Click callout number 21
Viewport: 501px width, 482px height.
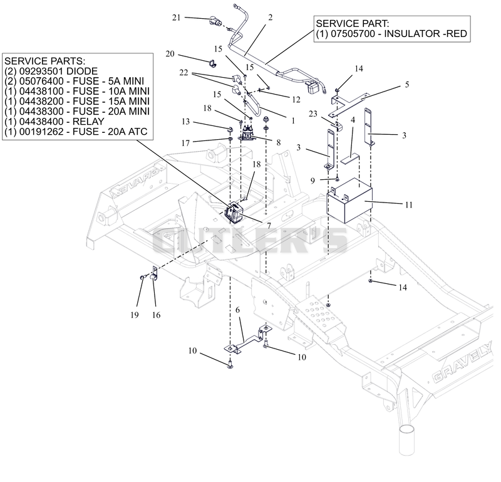(x=177, y=18)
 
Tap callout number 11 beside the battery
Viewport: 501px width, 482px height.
(x=409, y=205)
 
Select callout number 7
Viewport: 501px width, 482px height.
(x=269, y=226)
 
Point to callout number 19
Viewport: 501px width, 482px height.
(x=135, y=315)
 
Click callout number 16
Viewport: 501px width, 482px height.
(x=156, y=315)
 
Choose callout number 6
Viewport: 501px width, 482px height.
(x=237, y=310)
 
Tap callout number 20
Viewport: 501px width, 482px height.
(x=170, y=54)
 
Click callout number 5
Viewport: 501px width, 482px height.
(x=406, y=85)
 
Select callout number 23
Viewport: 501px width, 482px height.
(x=313, y=113)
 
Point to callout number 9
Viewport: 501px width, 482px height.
(x=312, y=181)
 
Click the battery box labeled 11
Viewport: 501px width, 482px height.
(x=349, y=201)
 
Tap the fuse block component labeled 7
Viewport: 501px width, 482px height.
(x=235, y=211)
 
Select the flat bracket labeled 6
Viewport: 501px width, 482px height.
(x=247, y=340)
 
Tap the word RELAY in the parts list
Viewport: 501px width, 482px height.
(x=88, y=122)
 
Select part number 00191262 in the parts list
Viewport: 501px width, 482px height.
(x=41, y=132)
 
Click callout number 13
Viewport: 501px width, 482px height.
(x=185, y=122)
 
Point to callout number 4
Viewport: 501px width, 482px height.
(x=353, y=120)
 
